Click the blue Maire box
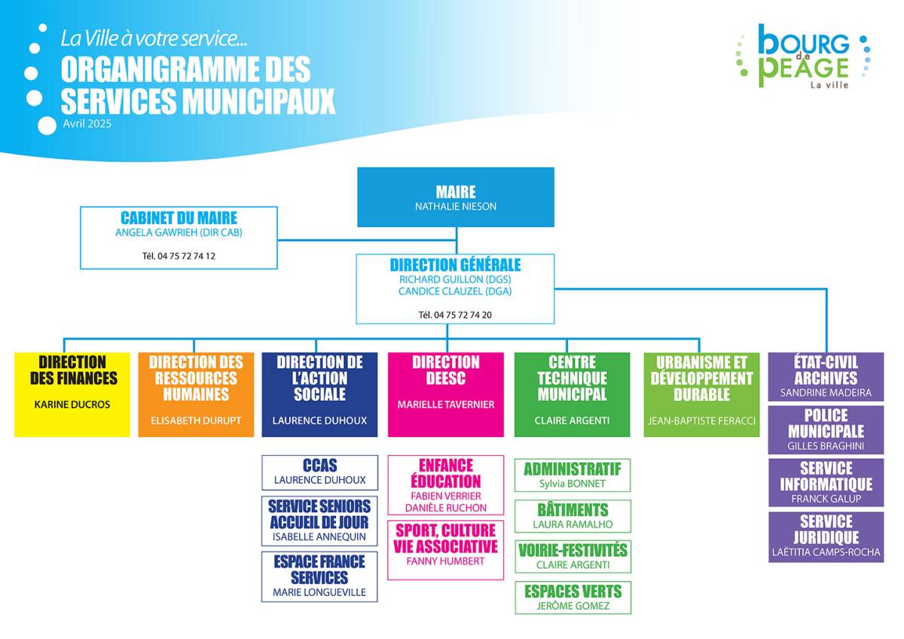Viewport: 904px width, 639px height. coord(456,197)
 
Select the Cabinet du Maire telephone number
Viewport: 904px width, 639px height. coord(179,256)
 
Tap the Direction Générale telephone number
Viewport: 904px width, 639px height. coord(455,315)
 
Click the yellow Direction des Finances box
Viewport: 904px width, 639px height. coord(72,394)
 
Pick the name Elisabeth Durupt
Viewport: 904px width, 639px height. coord(196,420)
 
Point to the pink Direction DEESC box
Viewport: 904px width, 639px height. coord(446,394)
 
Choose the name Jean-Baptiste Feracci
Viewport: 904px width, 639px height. coord(702,420)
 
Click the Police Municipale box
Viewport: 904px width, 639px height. coord(826,430)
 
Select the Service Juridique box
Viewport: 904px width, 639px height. coord(826,537)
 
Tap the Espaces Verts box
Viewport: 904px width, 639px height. coord(573,598)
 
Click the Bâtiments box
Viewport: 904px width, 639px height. coord(573,516)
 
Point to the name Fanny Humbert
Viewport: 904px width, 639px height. coord(445,561)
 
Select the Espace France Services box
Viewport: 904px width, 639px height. coord(319,577)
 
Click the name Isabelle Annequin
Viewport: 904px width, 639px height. coord(319,537)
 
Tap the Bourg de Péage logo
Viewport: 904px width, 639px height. coord(803,56)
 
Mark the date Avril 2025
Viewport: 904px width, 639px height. coord(87,124)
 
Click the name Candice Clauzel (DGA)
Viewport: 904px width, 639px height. coord(455,291)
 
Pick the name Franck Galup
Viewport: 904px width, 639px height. coord(826,499)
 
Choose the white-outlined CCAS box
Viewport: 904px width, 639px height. coord(319,472)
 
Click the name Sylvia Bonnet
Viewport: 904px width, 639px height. coord(573,483)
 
